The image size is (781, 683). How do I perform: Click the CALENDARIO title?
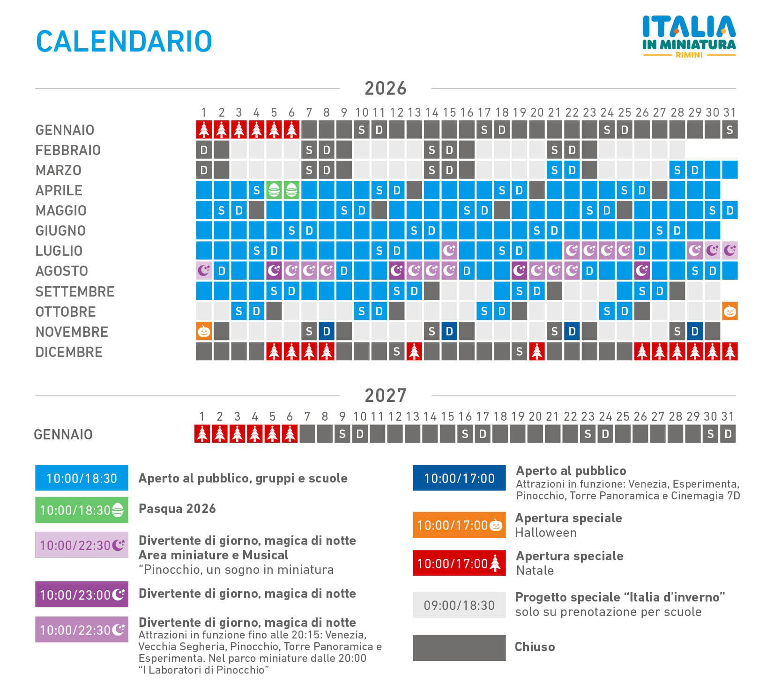pos(124,41)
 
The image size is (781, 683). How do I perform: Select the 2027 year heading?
pos(386,396)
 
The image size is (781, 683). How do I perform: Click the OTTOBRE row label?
pos(66,312)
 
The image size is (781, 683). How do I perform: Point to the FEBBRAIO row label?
pos(68,150)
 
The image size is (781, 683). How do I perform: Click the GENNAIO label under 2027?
pos(63,434)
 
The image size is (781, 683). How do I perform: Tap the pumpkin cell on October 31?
pos(729,311)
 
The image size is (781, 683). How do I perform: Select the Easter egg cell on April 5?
pos(274,190)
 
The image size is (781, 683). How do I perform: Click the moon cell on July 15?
pos(449,251)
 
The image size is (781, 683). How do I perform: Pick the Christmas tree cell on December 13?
pos(414,351)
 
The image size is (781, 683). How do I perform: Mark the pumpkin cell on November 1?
pos(204,331)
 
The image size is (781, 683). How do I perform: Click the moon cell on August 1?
pos(204,271)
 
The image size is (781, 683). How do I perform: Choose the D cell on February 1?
pos(204,150)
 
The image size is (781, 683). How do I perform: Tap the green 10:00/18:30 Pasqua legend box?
pos(82,510)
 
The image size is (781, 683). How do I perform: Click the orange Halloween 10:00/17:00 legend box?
pos(459,525)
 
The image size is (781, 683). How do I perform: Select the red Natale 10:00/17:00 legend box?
pos(459,563)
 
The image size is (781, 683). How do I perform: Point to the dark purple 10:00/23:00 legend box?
pos(82,594)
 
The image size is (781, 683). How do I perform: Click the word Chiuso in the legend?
pos(535,647)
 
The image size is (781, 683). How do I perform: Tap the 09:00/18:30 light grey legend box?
pos(459,605)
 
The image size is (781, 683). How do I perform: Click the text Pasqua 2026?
pos(177,509)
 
